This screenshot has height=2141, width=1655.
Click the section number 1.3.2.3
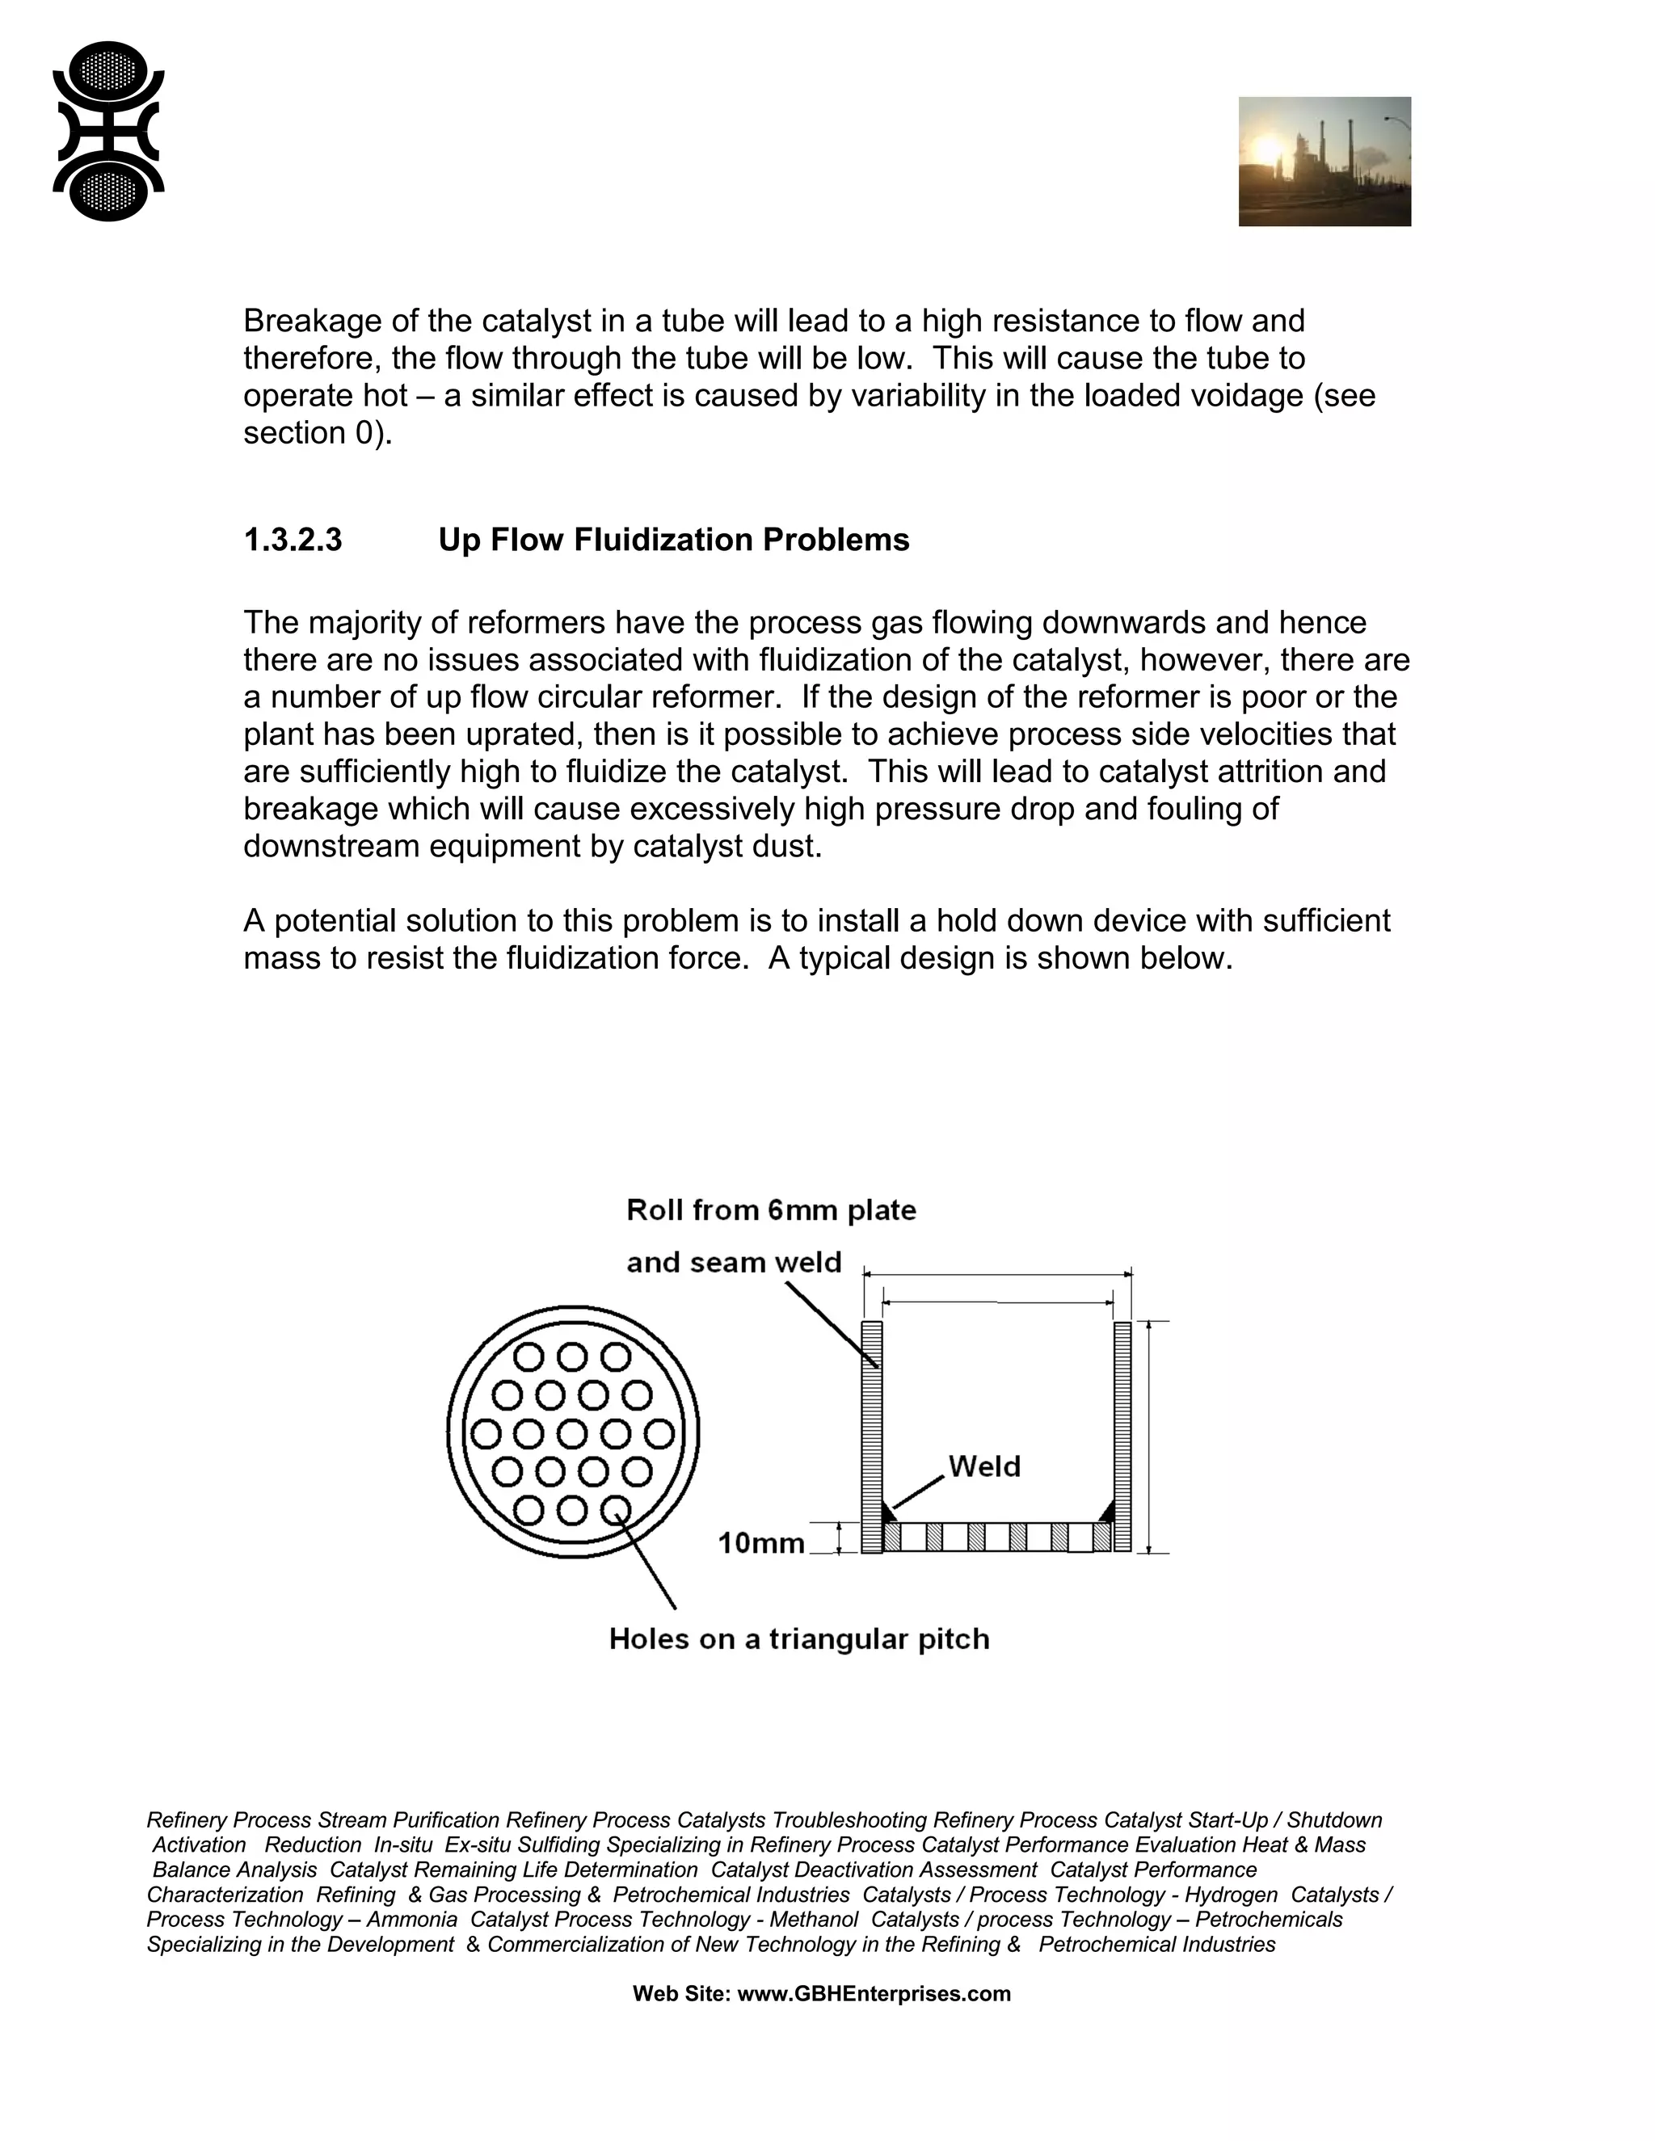point(293,541)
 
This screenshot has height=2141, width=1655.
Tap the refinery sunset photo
point(1324,161)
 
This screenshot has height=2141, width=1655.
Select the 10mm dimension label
point(760,1544)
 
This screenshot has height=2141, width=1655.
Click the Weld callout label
point(984,1466)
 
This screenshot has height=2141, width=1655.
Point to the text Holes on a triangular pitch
point(798,1639)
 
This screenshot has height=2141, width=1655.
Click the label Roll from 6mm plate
point(771,1211)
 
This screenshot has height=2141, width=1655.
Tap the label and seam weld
point(734,1263)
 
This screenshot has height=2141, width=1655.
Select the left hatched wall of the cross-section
point(872,1436)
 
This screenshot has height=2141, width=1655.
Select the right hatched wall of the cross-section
point(1122,1436)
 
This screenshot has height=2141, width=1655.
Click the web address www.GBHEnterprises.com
point(873,1994)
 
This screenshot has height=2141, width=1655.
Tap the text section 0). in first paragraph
point(318,433)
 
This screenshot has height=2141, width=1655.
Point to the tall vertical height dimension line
point(1149,1436)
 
